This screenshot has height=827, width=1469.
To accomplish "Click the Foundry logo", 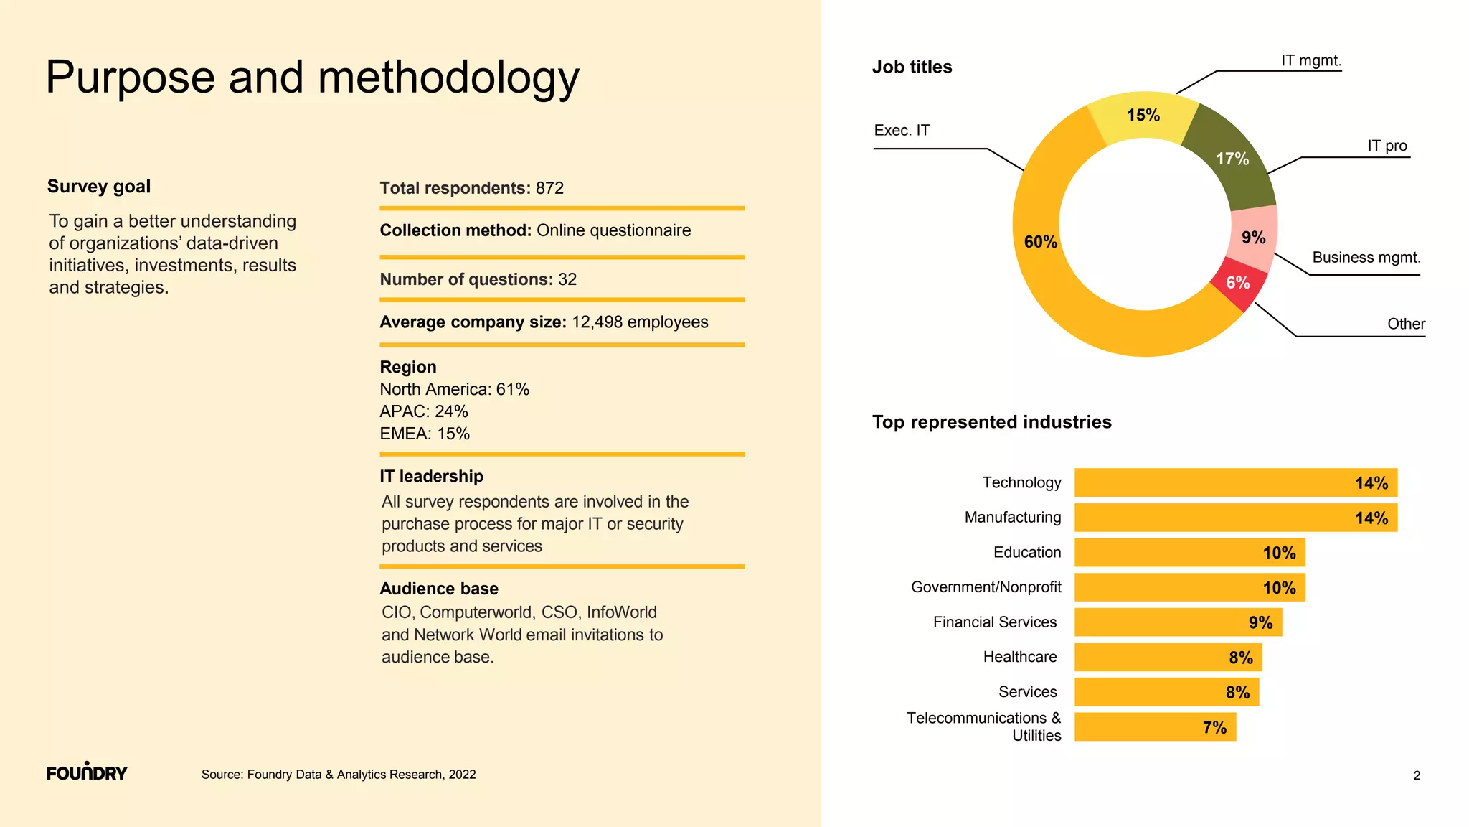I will [87, 772].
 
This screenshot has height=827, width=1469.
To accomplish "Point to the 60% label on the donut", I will [1040, 242].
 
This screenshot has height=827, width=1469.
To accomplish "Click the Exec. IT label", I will [902, 131].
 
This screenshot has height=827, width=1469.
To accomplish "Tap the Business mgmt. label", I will [1366, 258].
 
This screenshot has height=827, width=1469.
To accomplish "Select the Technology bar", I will [1235, 482].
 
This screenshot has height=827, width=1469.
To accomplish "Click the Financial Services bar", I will [1178, 622].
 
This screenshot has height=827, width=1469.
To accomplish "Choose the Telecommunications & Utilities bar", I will [1155, 727].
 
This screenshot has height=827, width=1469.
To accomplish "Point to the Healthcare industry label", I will [1019, 657].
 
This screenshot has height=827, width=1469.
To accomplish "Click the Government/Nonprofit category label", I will [986, 587].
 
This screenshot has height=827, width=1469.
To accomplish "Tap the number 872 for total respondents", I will [549, 188].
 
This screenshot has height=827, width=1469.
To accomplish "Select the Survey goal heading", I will [99, 187].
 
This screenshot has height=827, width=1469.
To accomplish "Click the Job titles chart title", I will [912, 67].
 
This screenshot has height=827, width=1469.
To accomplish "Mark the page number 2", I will [1417, 775].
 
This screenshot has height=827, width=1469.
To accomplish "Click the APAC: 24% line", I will [424, 411].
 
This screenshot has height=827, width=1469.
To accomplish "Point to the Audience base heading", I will [439, 589].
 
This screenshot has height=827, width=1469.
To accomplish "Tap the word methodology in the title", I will [448, 78].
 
